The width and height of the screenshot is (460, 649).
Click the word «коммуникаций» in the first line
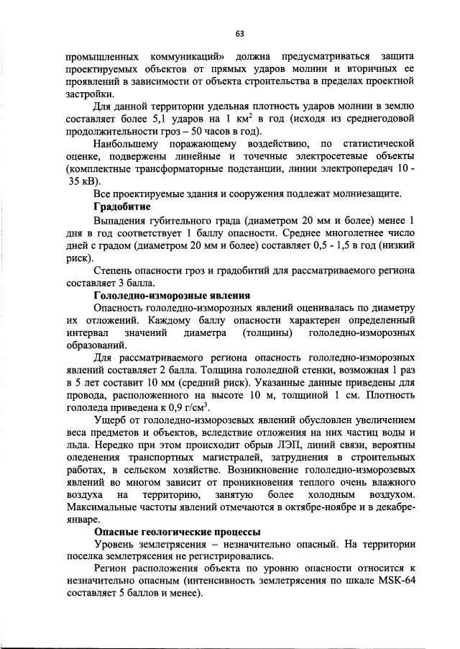tap(192, 55)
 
